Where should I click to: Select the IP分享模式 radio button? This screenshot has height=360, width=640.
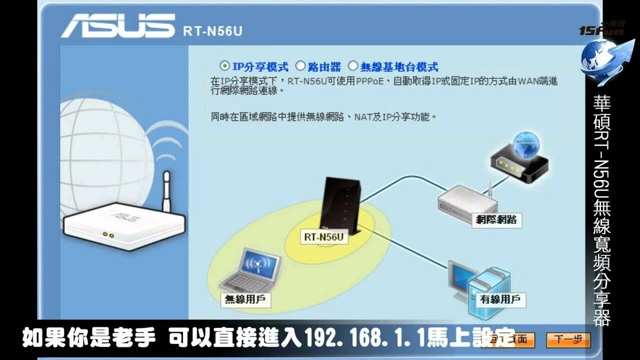(x=225, y=65)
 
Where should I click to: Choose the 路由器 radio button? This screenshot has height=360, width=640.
(x=300, y=65)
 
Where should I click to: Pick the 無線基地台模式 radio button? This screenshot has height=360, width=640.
(x=353, y=65)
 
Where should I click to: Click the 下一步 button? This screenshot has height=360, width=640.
(x=568, y=340)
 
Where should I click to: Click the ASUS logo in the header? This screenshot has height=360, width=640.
(x=118, y=26)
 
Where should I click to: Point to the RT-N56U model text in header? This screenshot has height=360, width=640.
(x=212, y=31)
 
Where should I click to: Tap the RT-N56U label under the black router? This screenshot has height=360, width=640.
(x=323, y=237)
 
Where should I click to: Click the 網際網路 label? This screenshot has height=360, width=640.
(x=496, y=219)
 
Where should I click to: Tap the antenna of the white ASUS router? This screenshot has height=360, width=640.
(x=166, y=190)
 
